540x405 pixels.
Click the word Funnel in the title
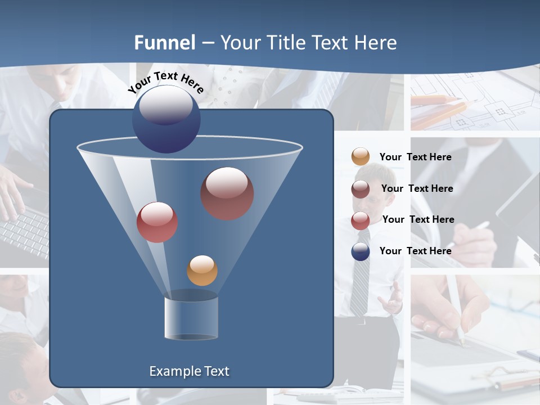click(164, 43)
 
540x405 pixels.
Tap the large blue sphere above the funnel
click(166, 119)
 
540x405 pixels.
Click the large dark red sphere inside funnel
click(227, 193)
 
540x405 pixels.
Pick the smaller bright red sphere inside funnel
click(157, 222)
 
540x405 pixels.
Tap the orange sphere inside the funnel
click(202, 271)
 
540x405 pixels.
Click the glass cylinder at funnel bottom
click(191, 316)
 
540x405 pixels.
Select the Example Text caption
click(189, 371)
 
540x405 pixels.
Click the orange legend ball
click(361, 156)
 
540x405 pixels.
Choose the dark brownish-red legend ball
click(361, 188)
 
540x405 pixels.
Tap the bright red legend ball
click(361, 220)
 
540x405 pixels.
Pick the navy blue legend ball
click(361, 251)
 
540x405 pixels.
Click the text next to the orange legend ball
click(415, 157)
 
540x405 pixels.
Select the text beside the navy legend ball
click(415, 251)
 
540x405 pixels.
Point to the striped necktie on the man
click(360, 281)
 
